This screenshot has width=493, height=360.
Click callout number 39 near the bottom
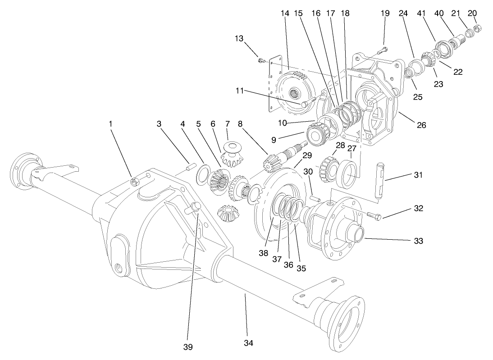187,346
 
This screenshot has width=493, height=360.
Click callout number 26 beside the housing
421,126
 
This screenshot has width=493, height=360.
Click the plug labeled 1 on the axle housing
133,181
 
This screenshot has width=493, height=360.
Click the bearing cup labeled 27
349,173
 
